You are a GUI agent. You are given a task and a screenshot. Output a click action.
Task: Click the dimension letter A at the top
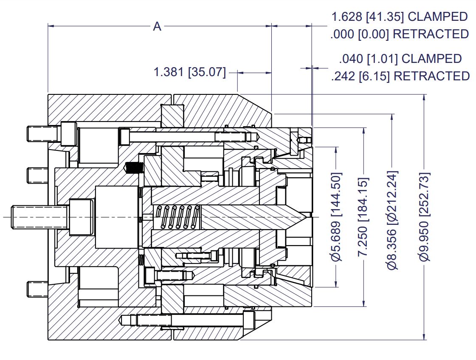(x=157, y=27)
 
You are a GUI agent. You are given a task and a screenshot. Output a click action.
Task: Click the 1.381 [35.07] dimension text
(x=189, y=72)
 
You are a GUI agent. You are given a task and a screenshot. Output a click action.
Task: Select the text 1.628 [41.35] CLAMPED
(x=399, y=17)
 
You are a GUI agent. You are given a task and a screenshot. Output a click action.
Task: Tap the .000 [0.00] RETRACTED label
(x=399, y=34)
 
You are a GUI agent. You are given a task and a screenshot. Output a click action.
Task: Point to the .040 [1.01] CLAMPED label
(x=400, y=59)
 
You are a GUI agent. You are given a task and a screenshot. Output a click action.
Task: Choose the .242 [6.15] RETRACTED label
(x=400, y=76)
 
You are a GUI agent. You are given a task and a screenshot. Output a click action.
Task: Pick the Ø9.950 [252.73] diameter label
(x=424, y=217)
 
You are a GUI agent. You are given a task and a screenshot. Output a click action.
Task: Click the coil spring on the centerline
(x=177, y=217)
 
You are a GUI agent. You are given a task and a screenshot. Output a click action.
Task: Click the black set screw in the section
(x=134, y=168)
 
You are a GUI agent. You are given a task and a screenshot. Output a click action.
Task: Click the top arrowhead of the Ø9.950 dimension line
(x=424, y=97)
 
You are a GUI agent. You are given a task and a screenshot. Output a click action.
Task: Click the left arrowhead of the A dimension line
(x=51, y=26)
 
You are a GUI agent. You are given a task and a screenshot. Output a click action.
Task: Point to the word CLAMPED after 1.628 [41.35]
(x=439, y=17)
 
